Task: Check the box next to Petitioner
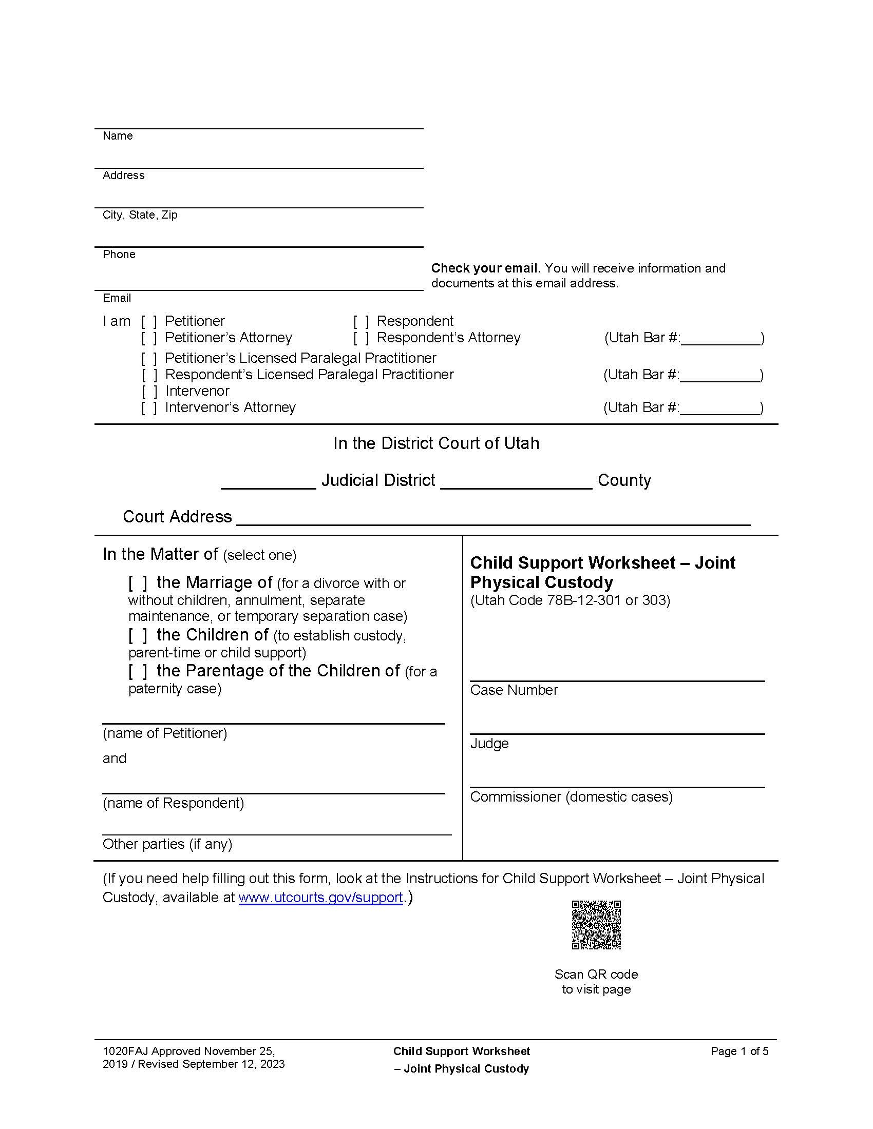coord(149,322)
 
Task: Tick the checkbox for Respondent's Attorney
coord(361,338)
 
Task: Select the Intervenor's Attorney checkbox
coord(149,408)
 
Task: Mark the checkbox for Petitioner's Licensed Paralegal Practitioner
coord(149,358)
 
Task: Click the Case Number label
coord(514,690)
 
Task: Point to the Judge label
coord(489,744)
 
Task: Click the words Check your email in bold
coord(486,268)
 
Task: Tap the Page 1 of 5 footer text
coord(739,1051)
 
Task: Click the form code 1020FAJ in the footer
coord(126,1051)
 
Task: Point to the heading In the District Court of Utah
coord(436,443)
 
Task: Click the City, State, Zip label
coord(140,215)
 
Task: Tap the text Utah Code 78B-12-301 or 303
coord(570,600)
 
